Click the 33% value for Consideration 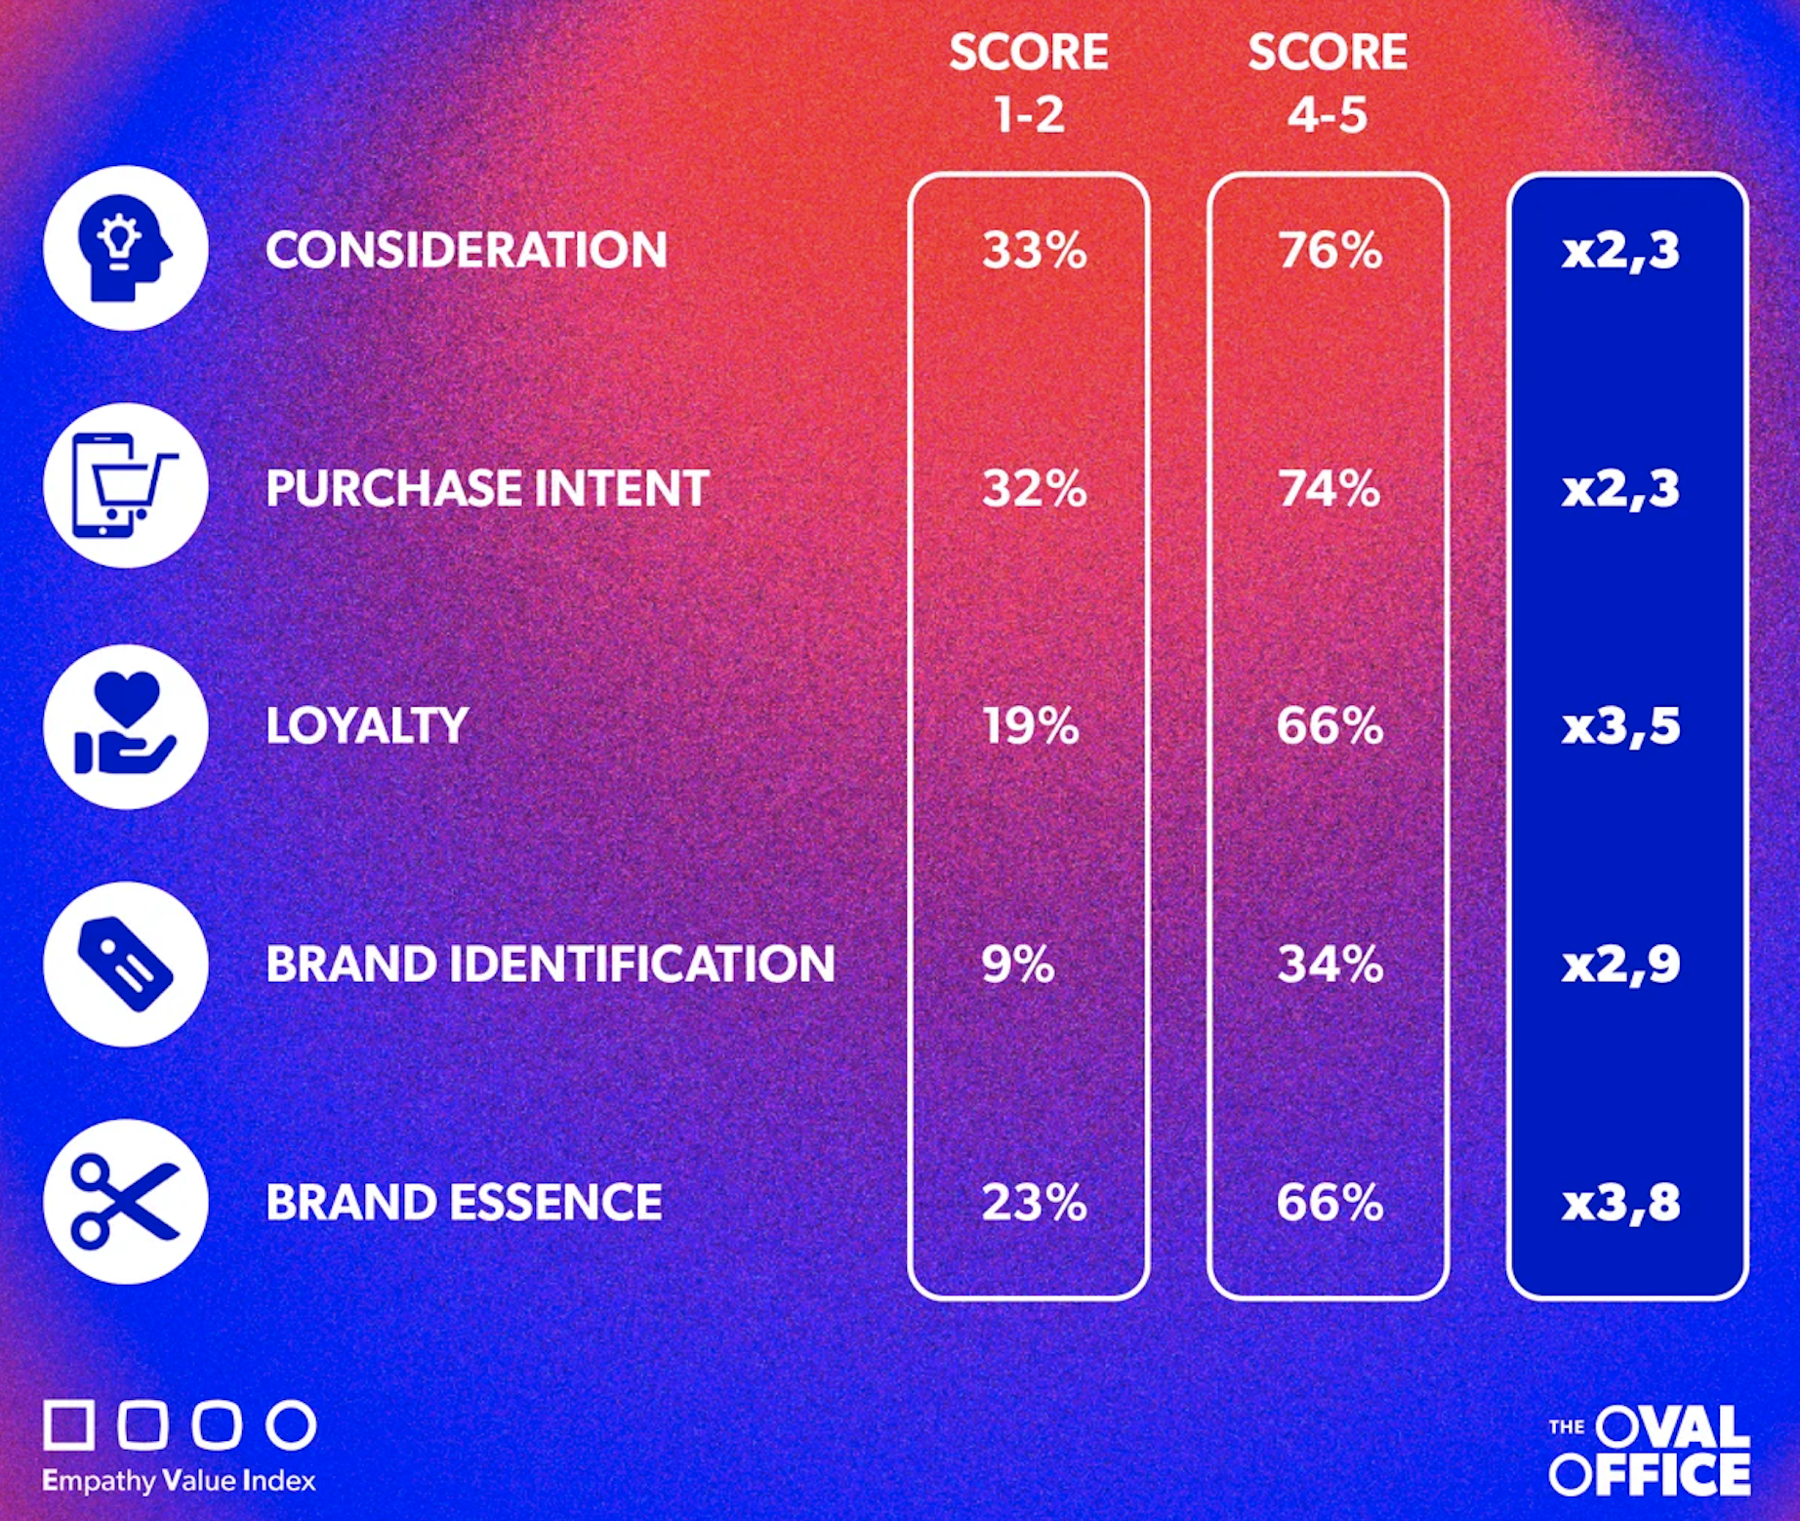pos(1034,250)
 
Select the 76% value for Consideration pos(1330,250)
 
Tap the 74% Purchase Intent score pos(1330,488)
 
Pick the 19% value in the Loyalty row pos(1031,725)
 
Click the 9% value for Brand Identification pos(1018,964)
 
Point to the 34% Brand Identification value pos(1330,964)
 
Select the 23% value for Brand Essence pos(1034,1202)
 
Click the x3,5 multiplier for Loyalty pos(1621,726)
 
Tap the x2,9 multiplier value pos(1621,965)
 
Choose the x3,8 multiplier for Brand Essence pos(1621,1202)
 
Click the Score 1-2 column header pos(1029,83)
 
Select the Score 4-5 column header pos(1328,83)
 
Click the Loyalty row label pos(367,726)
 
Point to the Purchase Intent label pos(487,488)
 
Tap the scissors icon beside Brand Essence pos(126,1202)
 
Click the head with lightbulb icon pos(126,248)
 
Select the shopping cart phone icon pos(126,486)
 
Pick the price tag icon pos(126,964)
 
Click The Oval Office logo pos(1650,1451)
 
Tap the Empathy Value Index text pos(179,1481)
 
